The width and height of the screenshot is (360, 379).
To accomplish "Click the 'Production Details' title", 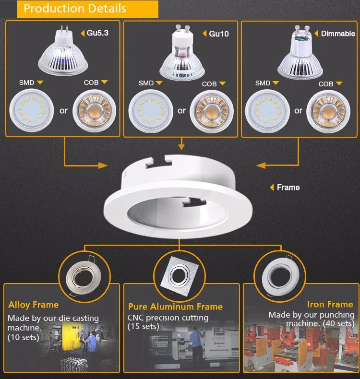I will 75,9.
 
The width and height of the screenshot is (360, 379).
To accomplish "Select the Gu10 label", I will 219,34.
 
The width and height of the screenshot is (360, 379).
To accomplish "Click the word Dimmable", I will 338,34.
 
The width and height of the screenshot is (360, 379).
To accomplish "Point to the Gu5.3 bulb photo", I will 63,52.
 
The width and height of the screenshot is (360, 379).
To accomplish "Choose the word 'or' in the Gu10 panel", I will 181,111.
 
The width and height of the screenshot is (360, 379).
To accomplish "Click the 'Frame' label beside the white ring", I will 288,187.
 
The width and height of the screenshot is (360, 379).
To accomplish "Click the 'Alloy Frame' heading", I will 34,305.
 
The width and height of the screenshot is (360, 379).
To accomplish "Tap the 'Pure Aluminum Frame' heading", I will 175,307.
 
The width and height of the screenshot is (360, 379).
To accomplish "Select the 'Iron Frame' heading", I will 330,304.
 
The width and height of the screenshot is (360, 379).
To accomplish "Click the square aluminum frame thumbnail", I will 180,275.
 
